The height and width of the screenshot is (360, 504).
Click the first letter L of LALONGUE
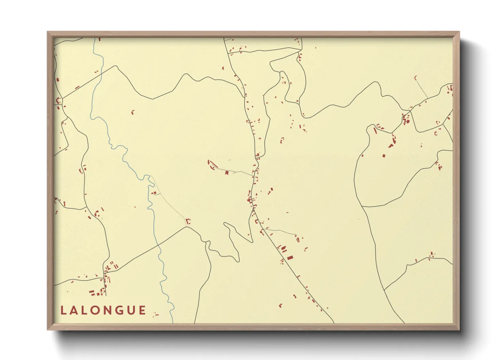63,310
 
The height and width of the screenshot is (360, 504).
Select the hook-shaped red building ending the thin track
415,78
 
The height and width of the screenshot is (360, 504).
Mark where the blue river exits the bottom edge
173,323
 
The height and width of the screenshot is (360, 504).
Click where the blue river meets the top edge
94,38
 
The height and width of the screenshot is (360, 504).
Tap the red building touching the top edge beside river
99,39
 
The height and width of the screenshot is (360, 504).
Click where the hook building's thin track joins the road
428,99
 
